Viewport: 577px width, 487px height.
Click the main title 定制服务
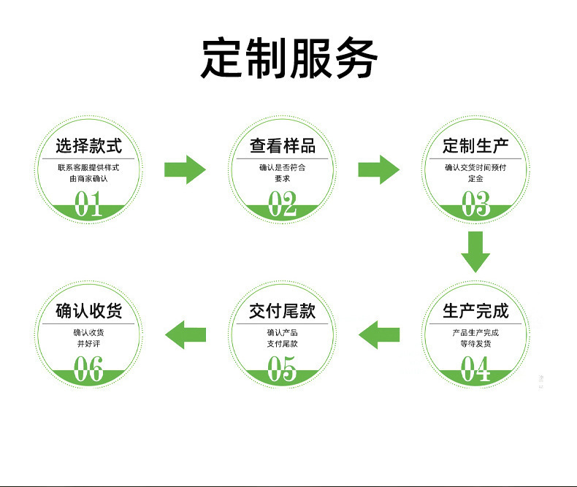coord(289,58)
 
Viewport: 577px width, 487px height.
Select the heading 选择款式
coord(88,145)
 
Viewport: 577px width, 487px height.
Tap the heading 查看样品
coord(283,145)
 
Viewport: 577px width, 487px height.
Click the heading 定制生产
coord(475,145)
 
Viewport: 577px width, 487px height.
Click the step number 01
coord(88,204)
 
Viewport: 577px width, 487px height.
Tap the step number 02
coord(283,204)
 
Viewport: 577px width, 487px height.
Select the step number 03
coord(475,204)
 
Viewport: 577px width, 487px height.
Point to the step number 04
coord(475,369)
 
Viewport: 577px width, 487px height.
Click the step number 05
coord(283,369)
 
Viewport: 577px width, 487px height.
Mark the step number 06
coord(88,369)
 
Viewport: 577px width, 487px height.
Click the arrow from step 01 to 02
coord(185,169)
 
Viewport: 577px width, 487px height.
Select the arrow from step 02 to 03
coord(378,169)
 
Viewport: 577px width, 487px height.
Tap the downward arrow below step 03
coord(475,252)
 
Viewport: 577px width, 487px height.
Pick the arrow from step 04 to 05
coord(378,334)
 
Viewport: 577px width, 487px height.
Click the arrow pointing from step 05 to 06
coord(185,334)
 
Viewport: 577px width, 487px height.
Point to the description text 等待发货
coord(475,343)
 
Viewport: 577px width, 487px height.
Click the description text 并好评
coord(88,343)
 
